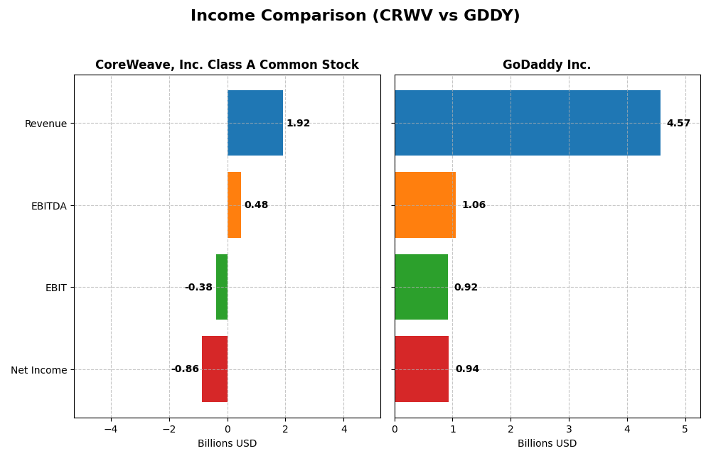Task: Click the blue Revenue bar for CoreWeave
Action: click(x=255, y=123)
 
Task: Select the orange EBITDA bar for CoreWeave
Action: click(x=234, y=205)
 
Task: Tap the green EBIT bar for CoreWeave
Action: click(x=222, y=287)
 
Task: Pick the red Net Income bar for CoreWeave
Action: click(x=215, y=369)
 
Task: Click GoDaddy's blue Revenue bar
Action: click(x=527, y=123)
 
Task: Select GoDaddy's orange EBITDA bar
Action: click(x=425, y=205)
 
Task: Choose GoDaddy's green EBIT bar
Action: click(x=421, y=287)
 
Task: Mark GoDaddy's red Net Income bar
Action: click(x=422, y=369)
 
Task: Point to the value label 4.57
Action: click(x=678, y=124)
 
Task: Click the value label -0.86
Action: click(x=185, y=369)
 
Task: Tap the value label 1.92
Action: click(x=298, y=124)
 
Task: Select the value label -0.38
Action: click(x=198, y=288)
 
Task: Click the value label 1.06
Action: click(x=474, y=205)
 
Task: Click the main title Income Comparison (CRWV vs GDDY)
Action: click(x=355, y=16)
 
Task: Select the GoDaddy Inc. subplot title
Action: click(x=547, y=65)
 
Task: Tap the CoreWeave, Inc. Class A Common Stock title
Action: click(x=227, y=65)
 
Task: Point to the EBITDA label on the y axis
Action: click(x=48, y=206)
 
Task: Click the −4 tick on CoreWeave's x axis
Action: click(x=111, y=429)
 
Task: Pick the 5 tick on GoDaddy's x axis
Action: click(x=685, y=429)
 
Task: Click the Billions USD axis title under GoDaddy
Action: click(x=547, y=444)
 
